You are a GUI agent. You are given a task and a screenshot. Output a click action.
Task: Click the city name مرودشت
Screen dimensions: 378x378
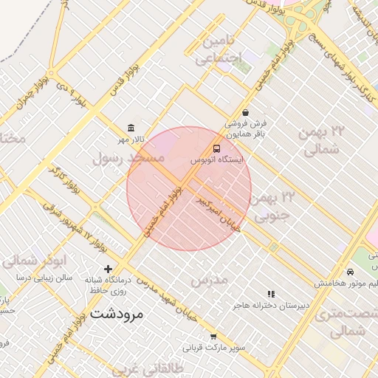[117, 314]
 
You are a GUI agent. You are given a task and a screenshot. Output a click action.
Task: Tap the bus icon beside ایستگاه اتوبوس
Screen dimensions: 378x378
[216, 148]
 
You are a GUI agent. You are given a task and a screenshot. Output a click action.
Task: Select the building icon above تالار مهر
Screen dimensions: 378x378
[131, 128]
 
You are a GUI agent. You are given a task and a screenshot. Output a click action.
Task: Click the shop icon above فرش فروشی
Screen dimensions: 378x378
[245, 112]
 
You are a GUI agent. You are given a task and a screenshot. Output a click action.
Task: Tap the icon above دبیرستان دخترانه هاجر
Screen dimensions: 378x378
[271, 294]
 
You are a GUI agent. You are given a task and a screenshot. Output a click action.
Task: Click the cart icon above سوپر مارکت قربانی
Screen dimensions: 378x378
[214, 337]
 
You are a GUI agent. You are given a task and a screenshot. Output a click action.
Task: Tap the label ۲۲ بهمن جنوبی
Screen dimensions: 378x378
[275, 207]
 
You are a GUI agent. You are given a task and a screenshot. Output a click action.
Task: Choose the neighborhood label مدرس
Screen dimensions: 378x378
[208, 280]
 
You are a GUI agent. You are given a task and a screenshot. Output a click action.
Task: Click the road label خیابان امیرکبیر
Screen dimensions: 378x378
[218, 214]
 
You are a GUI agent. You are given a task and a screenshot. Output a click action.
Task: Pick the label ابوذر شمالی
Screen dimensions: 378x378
[46, 260]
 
